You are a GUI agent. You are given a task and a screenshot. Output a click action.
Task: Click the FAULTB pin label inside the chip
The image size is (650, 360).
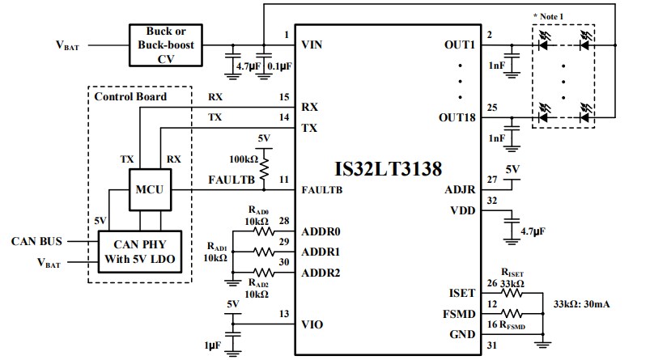321,192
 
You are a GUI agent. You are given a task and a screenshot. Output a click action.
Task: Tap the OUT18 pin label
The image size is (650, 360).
457,117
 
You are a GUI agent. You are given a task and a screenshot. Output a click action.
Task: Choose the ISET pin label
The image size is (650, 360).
464,294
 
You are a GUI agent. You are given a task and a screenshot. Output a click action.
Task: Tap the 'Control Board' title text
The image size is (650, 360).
130,96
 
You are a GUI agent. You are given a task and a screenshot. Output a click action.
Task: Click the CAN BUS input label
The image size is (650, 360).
38,241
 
